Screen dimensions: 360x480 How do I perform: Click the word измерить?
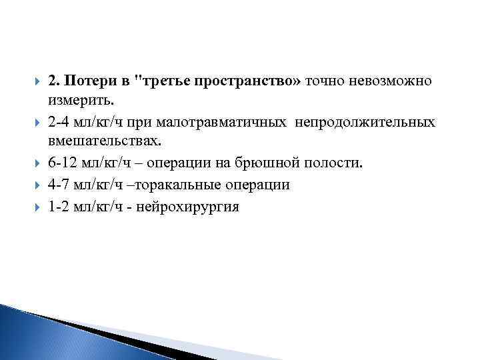(81, 101)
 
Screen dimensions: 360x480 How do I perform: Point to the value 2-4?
(61, 122)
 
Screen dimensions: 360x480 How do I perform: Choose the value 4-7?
(61, 185)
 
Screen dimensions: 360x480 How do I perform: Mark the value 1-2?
(61, 206)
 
